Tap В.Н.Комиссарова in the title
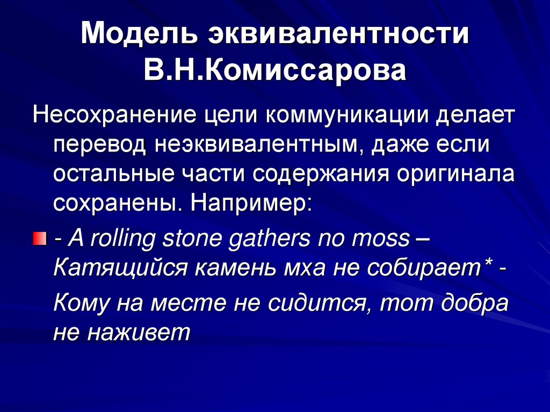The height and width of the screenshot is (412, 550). point(274,70)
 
